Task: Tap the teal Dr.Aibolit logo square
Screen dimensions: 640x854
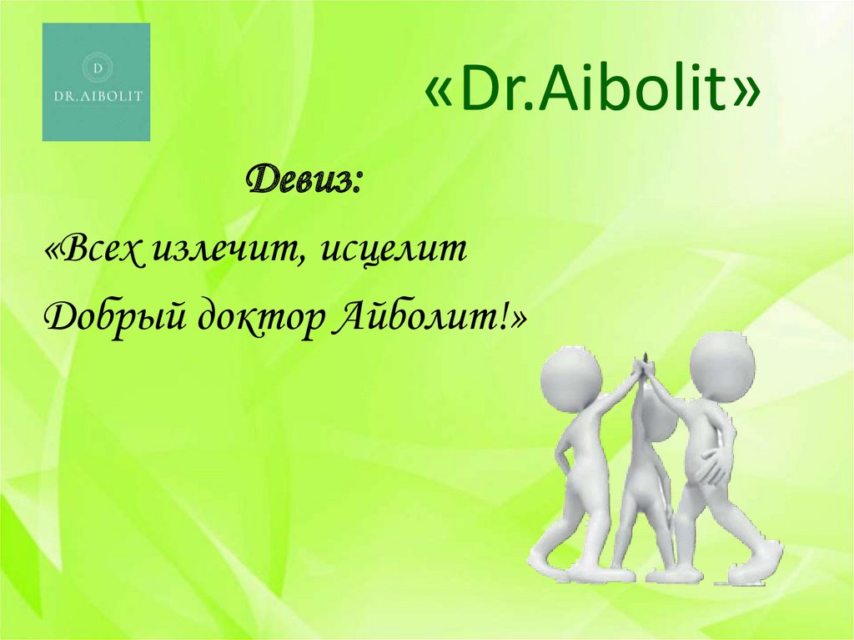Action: (x=96, y=82)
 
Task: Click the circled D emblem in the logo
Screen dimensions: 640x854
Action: (x=98, y=68)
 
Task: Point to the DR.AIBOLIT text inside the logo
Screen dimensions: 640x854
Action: (x=98, y=96)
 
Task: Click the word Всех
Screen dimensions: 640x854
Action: (x=100, y=251)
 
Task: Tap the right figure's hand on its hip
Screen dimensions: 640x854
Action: (x=713, y=463)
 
